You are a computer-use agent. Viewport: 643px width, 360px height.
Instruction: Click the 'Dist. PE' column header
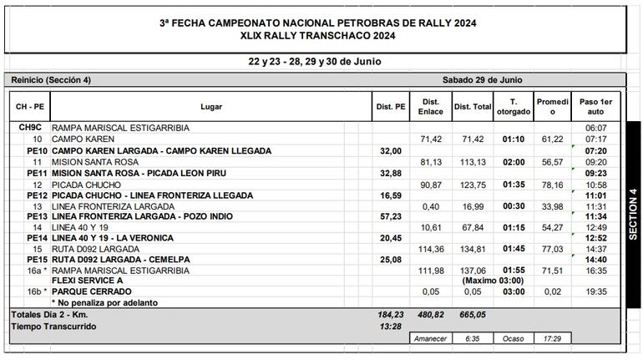(x=391, y=106)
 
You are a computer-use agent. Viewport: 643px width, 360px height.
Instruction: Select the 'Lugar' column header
(x=211, y=106)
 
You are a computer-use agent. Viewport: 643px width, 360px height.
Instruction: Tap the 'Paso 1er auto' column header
(x=595, y=106)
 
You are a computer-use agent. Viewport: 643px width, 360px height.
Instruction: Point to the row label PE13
(x=38, y=215)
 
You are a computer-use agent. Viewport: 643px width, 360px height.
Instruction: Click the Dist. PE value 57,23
(x=390, y=215)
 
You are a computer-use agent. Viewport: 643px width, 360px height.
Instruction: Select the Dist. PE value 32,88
(x=390, y=172)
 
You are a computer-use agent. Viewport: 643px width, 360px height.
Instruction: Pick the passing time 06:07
(x=595, y=128)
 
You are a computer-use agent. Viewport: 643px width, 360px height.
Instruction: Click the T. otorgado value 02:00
(x=513, y=161)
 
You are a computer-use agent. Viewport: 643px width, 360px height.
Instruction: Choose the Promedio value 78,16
(x=552, y=184)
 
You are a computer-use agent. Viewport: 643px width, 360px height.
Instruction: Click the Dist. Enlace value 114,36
(x=431, y=248)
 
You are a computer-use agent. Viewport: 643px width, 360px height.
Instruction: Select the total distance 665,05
(x=472, y=314)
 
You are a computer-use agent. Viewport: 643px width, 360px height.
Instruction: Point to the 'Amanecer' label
(x=431, y=339)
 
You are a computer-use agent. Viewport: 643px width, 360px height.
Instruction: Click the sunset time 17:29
(x=552, y=339)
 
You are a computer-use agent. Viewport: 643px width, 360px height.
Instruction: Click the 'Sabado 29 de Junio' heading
(x=482, y=79)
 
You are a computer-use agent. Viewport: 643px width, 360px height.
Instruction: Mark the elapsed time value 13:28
(x=390, y=326)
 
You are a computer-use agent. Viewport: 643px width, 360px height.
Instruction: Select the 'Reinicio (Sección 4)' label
(x=52, y=79)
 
